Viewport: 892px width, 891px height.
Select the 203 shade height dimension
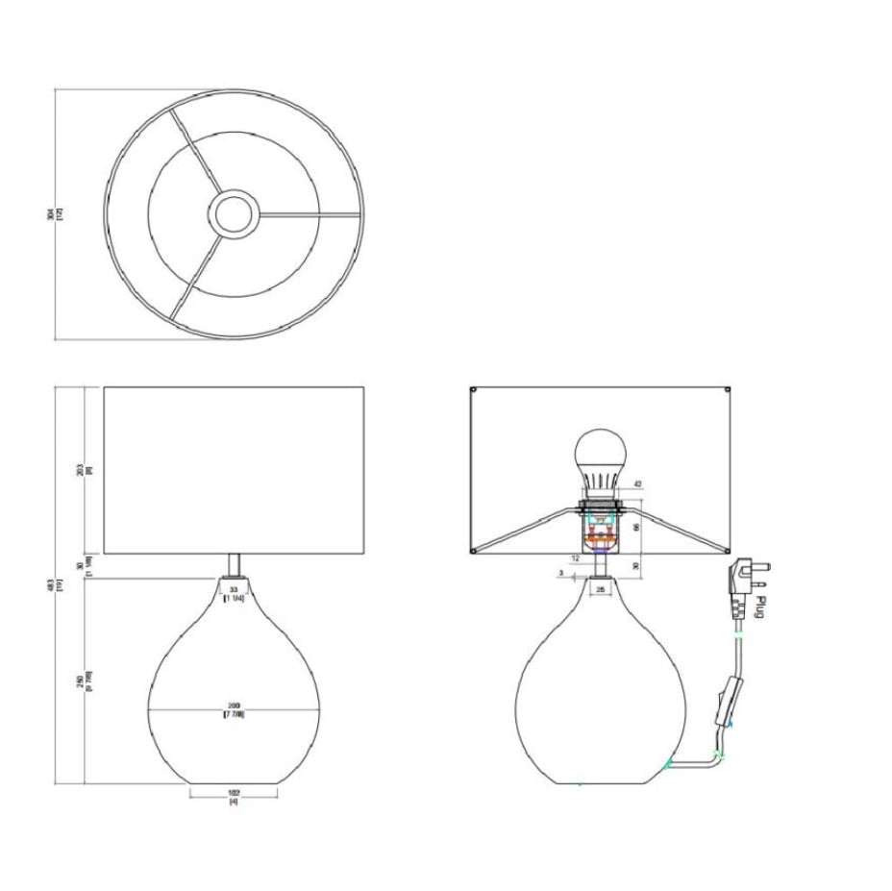point(87,470)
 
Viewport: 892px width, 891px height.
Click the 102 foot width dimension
point(234,794)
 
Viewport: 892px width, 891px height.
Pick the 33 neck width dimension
point(234,590)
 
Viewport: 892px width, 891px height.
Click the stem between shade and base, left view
point(234,565)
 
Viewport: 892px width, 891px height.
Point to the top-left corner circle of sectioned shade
point(475,391)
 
